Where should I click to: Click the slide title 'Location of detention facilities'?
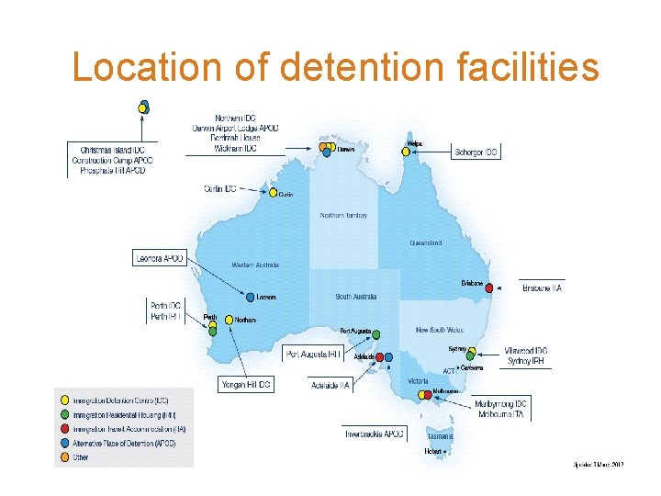click(336, 67)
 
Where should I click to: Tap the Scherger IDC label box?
click(476, 152)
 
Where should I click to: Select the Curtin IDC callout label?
click(220, 188)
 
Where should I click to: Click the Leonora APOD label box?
click(159, 258)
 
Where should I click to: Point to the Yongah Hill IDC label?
click(245, 385)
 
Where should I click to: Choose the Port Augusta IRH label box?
click(314, 354)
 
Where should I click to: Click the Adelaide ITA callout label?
click(330, 386)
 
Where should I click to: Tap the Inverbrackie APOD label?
click(375, 434)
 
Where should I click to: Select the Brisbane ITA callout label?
click(542, 288)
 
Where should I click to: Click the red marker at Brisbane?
click(489, 287)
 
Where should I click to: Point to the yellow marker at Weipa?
click(406, 152)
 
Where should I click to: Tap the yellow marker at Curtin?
click(273, 193)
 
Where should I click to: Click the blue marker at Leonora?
click(250, 297)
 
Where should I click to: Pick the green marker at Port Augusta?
click(376, 333)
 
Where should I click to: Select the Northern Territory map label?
click(343, 216)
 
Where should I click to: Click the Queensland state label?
click(425, 243)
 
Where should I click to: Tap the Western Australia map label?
click(255, 265)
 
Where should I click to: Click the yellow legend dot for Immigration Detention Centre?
click(63, 400)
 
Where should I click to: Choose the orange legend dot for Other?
click(63, 457)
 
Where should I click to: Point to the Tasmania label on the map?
click(440, 436)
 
